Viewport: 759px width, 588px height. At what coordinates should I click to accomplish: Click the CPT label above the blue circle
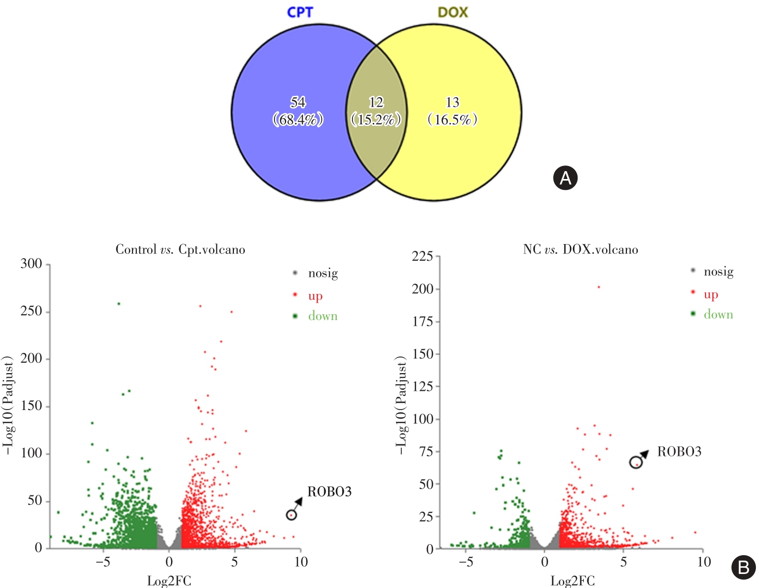point(300,12)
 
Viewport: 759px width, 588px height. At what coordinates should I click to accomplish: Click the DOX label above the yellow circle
point(452,12)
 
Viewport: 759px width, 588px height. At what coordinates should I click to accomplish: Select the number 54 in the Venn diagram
point(298,102)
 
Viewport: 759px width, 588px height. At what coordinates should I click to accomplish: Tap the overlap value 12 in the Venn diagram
point(376,102)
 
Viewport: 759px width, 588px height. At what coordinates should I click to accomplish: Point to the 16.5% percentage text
point(452,120)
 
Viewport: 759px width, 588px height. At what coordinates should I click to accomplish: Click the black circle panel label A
point(565,178)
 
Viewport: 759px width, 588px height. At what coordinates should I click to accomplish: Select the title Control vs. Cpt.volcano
point(180,250)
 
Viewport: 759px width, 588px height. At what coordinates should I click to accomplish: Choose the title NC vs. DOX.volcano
point(580,250)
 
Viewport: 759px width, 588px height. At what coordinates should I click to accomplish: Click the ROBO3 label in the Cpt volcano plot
point(329,492)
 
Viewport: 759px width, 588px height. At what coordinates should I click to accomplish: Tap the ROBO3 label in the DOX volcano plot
point(679,452)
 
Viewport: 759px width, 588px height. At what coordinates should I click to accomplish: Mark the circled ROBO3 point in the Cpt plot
point(292,515)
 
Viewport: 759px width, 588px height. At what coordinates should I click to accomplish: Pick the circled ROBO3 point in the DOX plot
point(636,463)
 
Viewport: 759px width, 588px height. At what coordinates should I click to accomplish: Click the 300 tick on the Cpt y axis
point(31,264)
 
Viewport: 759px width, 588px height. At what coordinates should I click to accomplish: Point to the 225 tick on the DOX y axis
point(422,256)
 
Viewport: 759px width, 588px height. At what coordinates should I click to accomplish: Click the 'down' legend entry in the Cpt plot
point(322,316)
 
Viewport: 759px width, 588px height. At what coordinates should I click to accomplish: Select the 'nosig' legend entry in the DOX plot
point(718,272)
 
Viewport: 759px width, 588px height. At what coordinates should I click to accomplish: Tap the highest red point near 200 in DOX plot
point(599,287)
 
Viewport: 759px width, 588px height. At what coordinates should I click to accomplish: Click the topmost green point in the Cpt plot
point(119,303)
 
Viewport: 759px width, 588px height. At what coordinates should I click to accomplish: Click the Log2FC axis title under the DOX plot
point(572,581)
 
